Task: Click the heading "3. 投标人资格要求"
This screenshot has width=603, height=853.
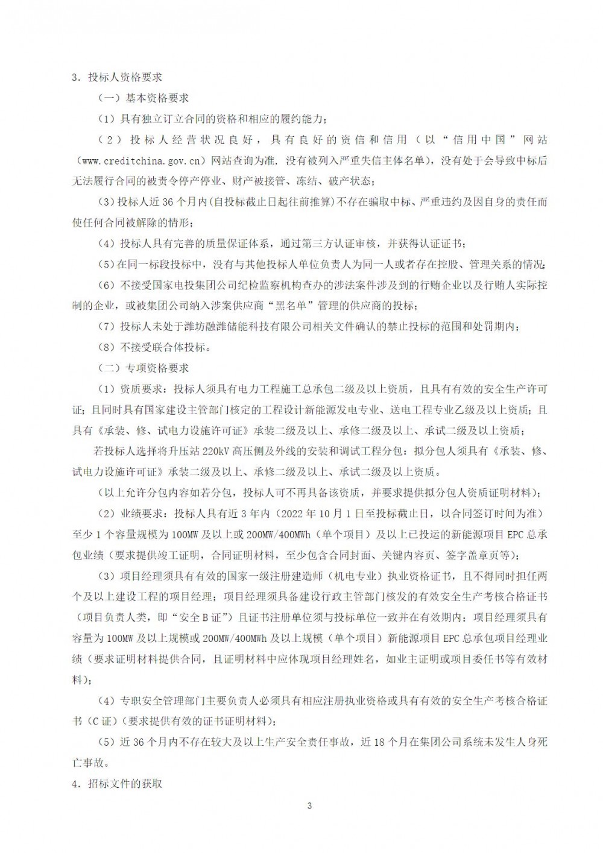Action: pyautogui.click(x=117, y=77)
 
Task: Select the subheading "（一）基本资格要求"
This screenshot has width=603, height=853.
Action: pyautogui.click(x=144, y=98)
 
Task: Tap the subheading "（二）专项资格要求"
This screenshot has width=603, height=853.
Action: pyautogui.click(x=144, y=368)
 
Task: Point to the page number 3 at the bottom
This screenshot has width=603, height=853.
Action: pyautogui.click(x=309, y=806)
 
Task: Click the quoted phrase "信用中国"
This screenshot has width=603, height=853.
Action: pyautogui.click(x=476, y=139)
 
